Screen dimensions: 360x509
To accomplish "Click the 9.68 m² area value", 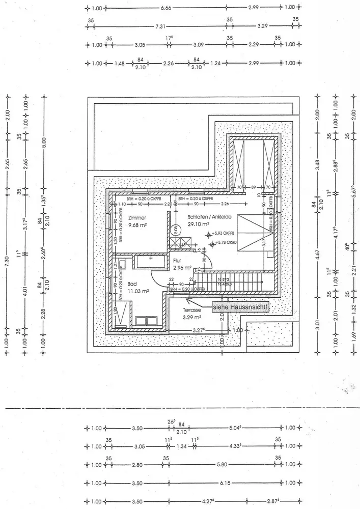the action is pyautogui.click(x=124, y=224).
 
